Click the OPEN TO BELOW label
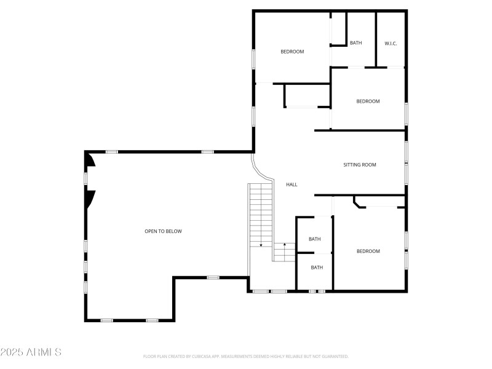point(163,231)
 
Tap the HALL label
point(292,184)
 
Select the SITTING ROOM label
point(359,165)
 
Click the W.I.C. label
point(391,43)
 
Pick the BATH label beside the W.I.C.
point(355,43)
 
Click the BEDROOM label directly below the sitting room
point(368,251)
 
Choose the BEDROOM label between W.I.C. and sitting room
point(368,101)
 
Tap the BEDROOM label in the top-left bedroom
point(292,52)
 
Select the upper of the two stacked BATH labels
point(314,239)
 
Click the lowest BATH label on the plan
point(316,268)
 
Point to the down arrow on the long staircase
point(261,244)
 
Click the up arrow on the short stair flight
point(284,246)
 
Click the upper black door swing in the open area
point(90,160)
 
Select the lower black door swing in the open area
point(90,198)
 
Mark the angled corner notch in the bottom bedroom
point(357,202)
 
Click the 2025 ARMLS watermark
point(31,352)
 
